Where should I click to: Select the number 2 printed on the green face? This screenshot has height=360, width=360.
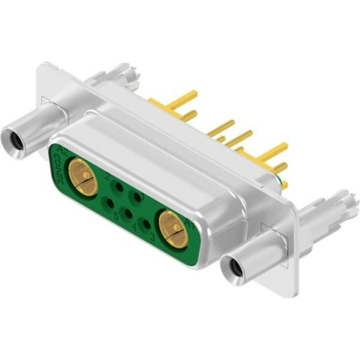[x=109, y=178]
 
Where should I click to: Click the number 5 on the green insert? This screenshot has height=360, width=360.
[x=116, y=216]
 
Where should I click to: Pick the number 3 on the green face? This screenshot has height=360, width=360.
[x=152, y=237]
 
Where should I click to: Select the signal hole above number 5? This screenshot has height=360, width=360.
[x=110, y=203]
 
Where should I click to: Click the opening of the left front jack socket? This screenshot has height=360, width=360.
[x=13, y=139]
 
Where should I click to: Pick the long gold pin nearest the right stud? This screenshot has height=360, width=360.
[x=272, y=150]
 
